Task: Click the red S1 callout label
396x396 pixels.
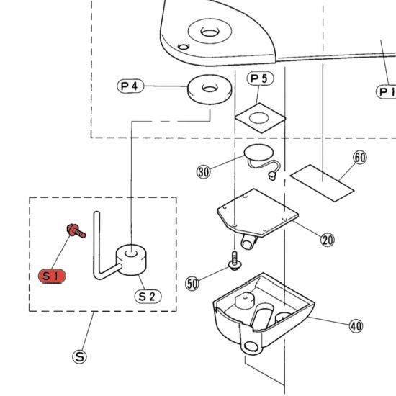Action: tap(52, 276)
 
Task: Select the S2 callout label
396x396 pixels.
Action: tap(148, 296)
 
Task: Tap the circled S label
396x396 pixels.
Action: tap(79, 357)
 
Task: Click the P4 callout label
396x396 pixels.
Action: tap(130, 86)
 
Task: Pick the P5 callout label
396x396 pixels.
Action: tap(260, 78)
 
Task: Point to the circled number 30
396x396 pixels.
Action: tap(204, 172)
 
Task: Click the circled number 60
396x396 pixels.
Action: tap(360, 158)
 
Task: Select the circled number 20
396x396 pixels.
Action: tap(328, 240)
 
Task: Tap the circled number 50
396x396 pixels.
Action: tap(192, 284)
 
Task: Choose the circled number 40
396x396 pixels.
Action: tap(356, 326)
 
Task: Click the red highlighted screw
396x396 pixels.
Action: tap(76, 230)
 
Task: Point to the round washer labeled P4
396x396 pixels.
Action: tap(210, 90)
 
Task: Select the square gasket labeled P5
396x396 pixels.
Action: tap(260, 118)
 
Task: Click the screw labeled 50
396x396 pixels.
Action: tap(235, 261)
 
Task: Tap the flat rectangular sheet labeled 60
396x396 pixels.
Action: tap(322, 183)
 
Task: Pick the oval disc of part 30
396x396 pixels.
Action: tap(258, 153)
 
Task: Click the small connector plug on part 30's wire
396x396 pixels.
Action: tap(272, 176)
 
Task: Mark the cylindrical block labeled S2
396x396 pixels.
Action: tap(131, 260)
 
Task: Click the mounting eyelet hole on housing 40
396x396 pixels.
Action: tap(251, 346)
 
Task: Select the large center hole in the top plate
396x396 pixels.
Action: tap(210, 32)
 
